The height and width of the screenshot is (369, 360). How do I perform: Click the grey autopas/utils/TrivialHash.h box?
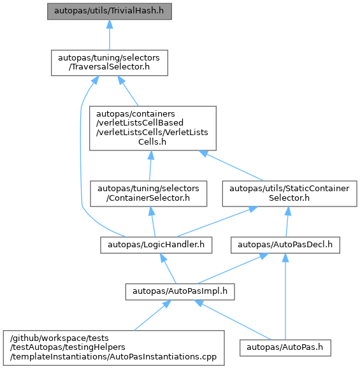pyautogui.click(x=110, y=11)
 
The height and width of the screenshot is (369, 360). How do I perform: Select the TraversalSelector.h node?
pyautogui.click(x=110, y=62)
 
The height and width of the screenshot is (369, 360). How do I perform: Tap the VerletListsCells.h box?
pyautogui.click(x=153, y=128)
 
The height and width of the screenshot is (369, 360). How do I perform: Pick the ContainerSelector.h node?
pyautogui.click(x=148, y=194)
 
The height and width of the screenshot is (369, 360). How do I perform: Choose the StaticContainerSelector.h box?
pyautogui.click(x=290, y=194)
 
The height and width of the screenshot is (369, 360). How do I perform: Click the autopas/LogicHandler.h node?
pyautogui.click(x=156, y=245)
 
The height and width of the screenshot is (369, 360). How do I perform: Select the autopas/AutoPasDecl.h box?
pyautogui.click(x=285, y=245)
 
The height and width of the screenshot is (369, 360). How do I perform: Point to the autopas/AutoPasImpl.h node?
pyautogui.click(x=180, y=292)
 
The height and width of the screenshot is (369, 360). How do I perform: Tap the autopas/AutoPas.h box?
pyautogui.click(x=285, y=347)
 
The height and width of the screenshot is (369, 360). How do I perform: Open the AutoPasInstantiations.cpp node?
pyautogui.click(x=113, y=348)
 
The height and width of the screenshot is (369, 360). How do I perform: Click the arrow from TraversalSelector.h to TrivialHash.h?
pyautogui.click(x=110, y=35)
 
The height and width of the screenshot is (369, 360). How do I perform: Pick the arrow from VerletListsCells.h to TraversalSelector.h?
pyautogui.click(x=128, y=91)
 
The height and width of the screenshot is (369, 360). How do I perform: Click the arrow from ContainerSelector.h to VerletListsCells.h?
pyautogui.click(x=150, y=166)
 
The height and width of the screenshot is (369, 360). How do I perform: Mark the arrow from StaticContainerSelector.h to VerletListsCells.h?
pyautogui.click(x=231, y=166)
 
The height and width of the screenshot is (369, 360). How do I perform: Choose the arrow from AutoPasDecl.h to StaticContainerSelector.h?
pyautogui.click(x=287, y=222)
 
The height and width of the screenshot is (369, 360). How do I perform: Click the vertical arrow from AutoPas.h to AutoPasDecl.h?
pyautogui.click(x=285, y=296)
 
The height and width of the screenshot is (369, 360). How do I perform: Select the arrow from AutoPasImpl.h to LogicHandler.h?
pyautogui.click(x=168, y=268)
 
